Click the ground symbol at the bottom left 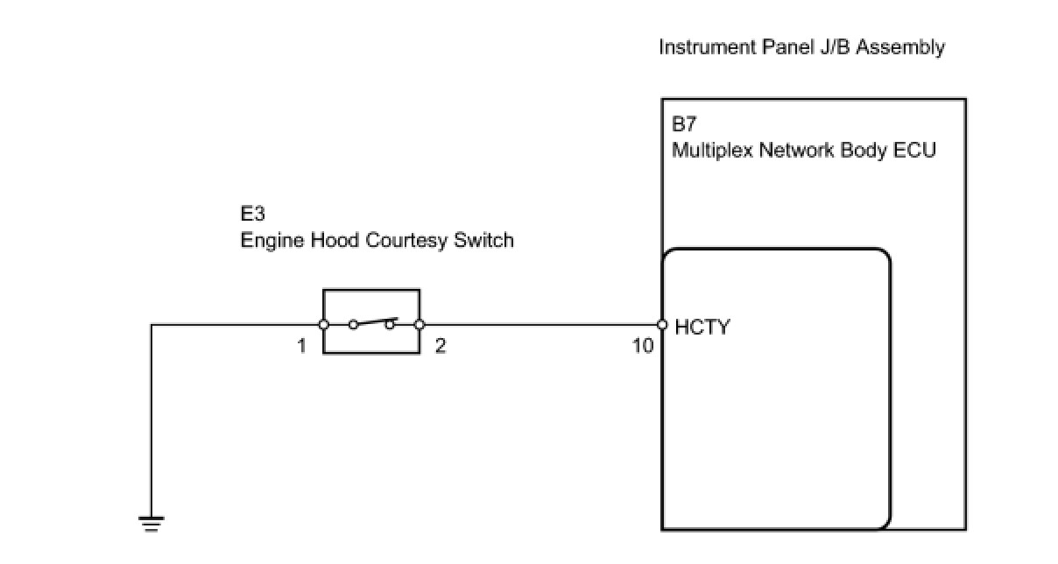[152, 524]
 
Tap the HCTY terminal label [702, 328]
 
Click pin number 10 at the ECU [643, 346]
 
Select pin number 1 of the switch [301, 346]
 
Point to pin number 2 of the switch [441, 346]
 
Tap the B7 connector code [684, 123]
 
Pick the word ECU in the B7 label [916, 150]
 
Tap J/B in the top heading [833, 47]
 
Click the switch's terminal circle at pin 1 [323, 325]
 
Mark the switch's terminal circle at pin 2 [420, 325]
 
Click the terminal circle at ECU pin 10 [662, 325]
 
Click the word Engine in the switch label [273, 240]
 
